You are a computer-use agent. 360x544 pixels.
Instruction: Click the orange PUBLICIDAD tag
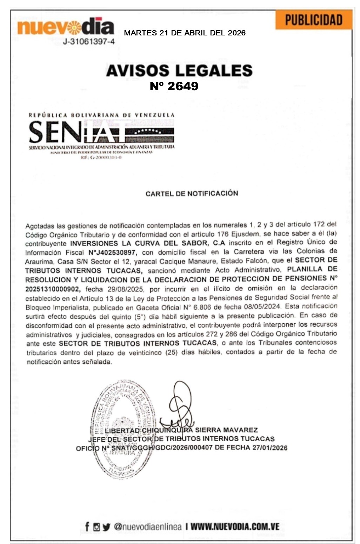(x=313, y=20)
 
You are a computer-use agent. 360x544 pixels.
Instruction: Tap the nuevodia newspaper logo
(x=66, y=27)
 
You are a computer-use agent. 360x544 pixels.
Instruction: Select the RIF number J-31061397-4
(x=89, y=42)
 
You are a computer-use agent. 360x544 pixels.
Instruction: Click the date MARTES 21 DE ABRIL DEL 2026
(x=185, y=33)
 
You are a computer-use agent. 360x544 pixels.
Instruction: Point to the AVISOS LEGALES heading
(x=179, y=70)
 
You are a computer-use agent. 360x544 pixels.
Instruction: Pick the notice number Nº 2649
(x=174, y=86)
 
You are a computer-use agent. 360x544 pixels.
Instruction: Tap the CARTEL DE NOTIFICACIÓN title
(x=192, y=193)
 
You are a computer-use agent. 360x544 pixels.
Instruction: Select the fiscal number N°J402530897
(x=113, y=252)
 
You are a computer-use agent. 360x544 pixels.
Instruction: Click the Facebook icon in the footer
(x=87, y=526)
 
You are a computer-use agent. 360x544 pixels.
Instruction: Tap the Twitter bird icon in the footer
(x=106, y=527)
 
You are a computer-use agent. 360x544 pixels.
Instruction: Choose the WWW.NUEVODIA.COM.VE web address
(x=235, y=526)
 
